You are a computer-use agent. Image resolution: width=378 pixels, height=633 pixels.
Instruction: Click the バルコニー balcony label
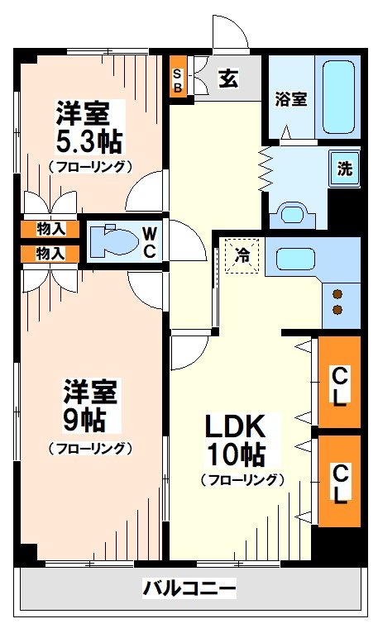(x=189, y=588)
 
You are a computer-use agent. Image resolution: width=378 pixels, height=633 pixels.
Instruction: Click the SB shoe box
(x=177, y=79)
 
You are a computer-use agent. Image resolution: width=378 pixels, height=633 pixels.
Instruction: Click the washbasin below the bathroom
(x=293, y=213)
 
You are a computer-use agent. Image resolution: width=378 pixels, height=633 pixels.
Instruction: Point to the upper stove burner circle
(x=337, y=293)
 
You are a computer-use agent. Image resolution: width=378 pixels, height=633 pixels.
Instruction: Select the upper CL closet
(x=340, y=383)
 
